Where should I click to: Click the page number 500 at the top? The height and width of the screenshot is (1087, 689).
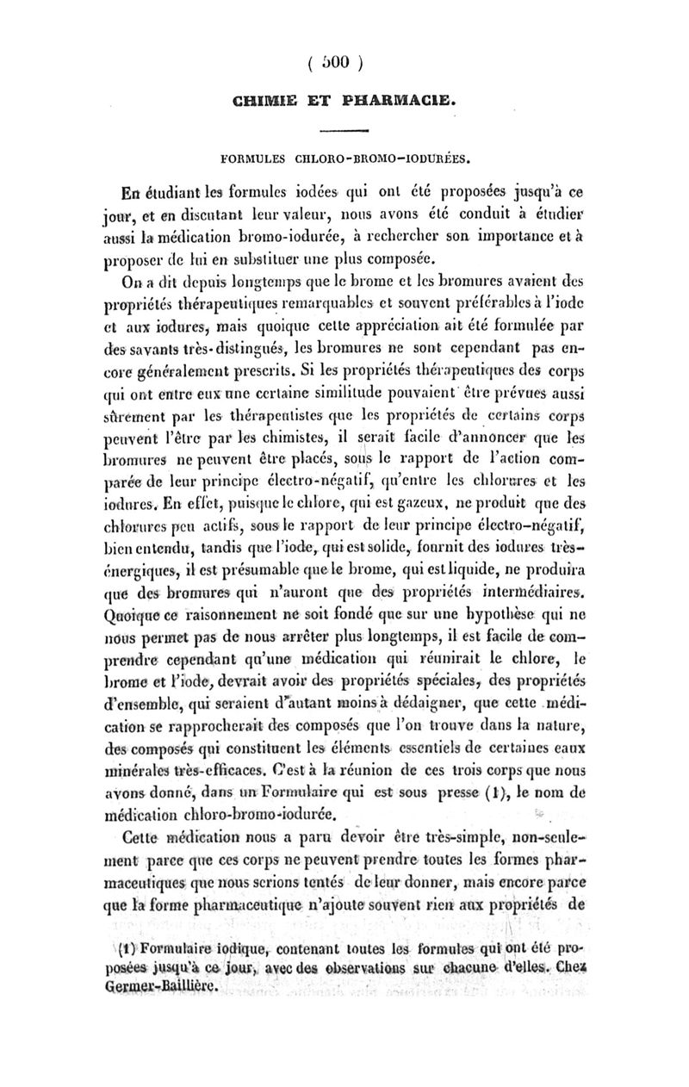(x=344, y=61)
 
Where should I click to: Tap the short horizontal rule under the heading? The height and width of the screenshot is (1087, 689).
(x=344, y=132)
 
